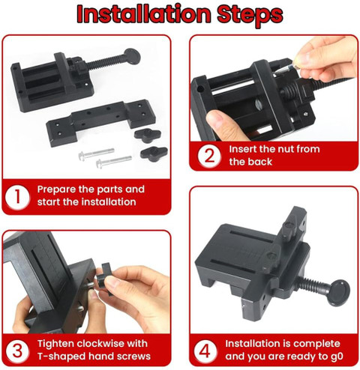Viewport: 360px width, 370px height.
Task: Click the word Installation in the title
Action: pyautogui.click(x=144, y=13)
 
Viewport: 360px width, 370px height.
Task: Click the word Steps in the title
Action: pyautogui.click(x=250, y=15)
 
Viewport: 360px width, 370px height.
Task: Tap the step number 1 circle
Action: pyautogui.click(x=16, y=197)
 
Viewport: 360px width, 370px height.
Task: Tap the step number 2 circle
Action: pyautogui.click(x=209, y=156)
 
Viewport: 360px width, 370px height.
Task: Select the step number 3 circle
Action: pyautogui.click(x=17, y=351)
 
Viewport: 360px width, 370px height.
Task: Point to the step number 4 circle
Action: pyautogui.click(x=205, y=351)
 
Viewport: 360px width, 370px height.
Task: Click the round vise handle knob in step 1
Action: pyautogui.click(x=132, y=57)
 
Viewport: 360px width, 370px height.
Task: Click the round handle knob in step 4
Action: pyautogui.click(x=338, y=293)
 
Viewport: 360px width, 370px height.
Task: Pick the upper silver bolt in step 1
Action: pyautogui.click(x=96, y=153)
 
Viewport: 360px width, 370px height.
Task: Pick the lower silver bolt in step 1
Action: pyautogui.click(x=114, y=161)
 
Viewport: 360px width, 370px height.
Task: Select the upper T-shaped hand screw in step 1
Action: pyautogui.click(x=148, y=135)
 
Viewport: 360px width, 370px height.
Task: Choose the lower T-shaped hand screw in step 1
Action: pyautogui.click(x=154, y=152)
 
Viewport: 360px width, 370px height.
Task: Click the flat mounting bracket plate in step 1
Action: pyautogui.click(x=101, y=122)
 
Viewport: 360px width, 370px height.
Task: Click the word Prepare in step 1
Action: pyautogui.click(x=56, y=189)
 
